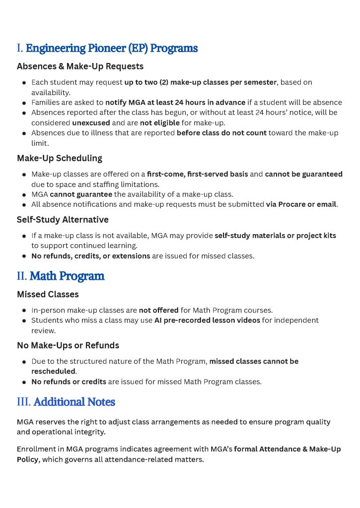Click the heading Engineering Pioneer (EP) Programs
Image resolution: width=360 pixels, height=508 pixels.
(x=112, y=49)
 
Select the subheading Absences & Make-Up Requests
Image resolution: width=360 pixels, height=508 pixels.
(x=80, y=66)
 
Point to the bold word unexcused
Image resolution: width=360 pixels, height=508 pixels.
(x=91, y=123)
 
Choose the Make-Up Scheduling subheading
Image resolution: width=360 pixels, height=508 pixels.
(x=60, y=159)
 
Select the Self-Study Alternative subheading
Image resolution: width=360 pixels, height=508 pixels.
(x=63, y=220)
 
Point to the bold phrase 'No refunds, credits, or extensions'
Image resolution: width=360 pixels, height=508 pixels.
(x=91, y=256)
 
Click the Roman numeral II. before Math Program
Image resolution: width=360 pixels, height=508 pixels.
(x=22, y=276)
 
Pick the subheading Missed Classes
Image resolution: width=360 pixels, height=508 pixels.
(x=48, y=295)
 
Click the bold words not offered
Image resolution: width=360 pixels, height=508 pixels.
(x=158, y=311)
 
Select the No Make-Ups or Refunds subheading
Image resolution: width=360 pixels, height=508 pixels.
(x=68, y=346)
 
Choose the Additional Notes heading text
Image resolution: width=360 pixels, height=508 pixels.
(x=74, y=402)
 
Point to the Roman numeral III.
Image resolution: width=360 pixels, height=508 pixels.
(x=24, y=402)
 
